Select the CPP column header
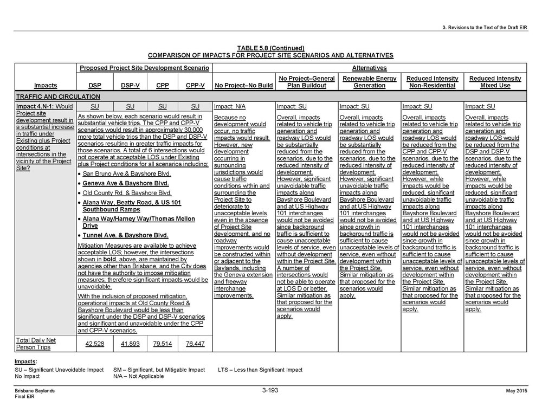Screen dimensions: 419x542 click(x=162, y=86)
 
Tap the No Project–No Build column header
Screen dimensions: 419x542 click(x=243, y=86)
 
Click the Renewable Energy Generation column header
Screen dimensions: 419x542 click(x=370, y=82)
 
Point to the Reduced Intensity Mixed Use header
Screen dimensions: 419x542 click(x=495, y=82)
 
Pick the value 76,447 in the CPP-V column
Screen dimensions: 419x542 click(x=195, y=344)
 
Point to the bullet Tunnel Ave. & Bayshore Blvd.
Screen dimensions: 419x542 click(x=125, y=235)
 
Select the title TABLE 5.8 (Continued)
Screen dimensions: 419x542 click(x=270, y=48)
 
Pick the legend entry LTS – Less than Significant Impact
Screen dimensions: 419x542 click(x=260, y=370)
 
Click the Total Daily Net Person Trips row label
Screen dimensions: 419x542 click(x=36, y=344)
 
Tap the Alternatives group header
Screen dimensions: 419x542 click(x=369, y=68)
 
